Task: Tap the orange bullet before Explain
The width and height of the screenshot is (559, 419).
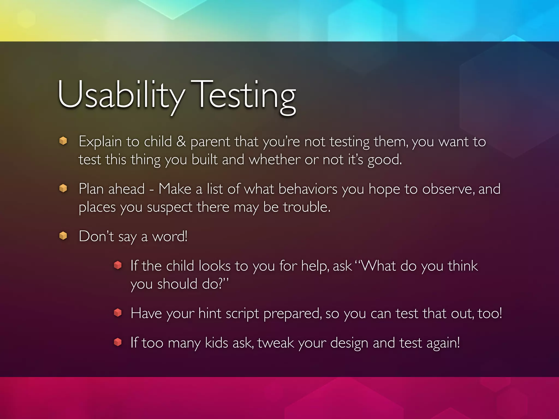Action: [63, 141]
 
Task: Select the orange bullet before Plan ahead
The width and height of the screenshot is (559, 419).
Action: [63, 188]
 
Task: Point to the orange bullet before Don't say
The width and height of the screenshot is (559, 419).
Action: [63, 235]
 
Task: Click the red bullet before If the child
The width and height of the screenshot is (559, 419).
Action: [118, 265]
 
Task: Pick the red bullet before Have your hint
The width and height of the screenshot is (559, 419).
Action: [118, 313]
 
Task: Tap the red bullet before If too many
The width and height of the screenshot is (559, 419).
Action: [118, 342]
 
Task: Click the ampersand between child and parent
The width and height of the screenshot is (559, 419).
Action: [181, 142]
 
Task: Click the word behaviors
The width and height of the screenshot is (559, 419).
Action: [308, 189]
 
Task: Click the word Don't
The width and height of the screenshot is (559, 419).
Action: [96, 236]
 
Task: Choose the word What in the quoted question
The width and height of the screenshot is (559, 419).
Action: [378, 266]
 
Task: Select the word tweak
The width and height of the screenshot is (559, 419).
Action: [275, 343]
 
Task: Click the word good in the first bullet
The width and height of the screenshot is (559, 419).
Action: [384, 160]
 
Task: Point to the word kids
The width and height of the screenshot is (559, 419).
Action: [216, 343]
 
